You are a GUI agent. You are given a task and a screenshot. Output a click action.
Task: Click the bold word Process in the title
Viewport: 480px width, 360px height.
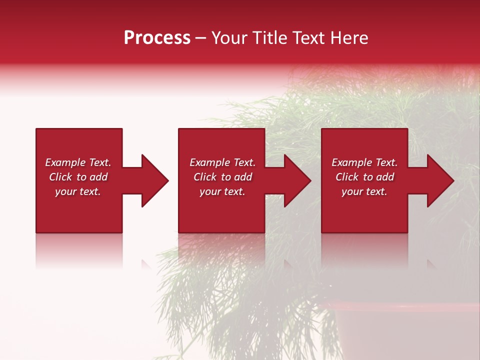coord(157,38)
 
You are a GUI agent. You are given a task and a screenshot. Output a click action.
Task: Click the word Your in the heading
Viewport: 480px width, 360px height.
coord(228,38)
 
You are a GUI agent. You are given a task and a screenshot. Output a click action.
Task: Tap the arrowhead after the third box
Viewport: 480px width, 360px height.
coord(439,180)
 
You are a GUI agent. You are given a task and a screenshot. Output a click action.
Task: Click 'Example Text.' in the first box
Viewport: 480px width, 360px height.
coord(78,162)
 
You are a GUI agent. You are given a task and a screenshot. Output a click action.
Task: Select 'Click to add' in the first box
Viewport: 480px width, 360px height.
coord(78,177)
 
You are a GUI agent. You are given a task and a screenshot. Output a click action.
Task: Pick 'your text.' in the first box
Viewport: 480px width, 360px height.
coord(78,191)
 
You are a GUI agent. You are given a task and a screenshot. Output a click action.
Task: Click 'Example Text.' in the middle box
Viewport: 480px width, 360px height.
coord(222,162)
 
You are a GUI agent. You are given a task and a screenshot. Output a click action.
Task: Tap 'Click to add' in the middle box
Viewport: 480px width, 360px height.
coord(222,177)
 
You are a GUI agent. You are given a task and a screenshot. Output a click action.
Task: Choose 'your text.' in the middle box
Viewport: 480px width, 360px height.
coord(222,191)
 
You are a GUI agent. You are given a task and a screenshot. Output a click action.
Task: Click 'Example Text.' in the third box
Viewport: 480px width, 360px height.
coord(364,162)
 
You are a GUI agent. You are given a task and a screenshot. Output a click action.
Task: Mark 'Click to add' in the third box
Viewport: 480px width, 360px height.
coord(364,177)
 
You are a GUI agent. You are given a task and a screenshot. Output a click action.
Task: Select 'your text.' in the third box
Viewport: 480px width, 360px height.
coord(364,191)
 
